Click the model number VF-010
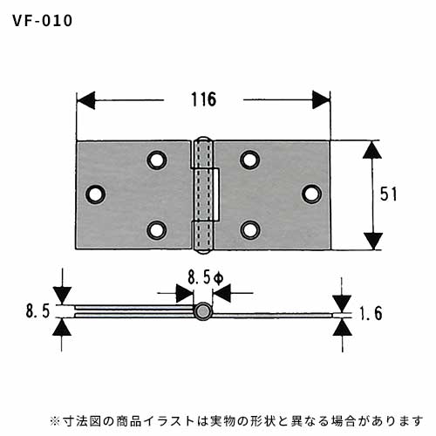[x=43, y=21]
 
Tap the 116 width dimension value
[x=204, y=99]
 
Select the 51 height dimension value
[x=388, y=194]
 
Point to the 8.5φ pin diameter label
[x=206, y=277]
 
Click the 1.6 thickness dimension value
[x=371, y=314]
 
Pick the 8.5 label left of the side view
[x=37, y=311]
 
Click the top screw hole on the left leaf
[x=157, y=160]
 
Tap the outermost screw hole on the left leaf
[x=95, y=194]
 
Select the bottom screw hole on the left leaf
[x=157, y=230]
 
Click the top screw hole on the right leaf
[x=250, y=160]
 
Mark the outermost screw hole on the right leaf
[x=311, y=194]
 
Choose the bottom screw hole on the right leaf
[x=250, y=230]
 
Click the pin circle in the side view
[x=202, y=311]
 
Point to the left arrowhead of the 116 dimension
[x=85, y=100]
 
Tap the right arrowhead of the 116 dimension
[x=321, y=100]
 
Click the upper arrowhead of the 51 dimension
[x=372, y=150]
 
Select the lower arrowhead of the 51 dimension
[x=372, y=242]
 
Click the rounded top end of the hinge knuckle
[x=203, y=139]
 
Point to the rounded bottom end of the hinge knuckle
[x=203, y=251]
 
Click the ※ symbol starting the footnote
[x=55, y=420]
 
